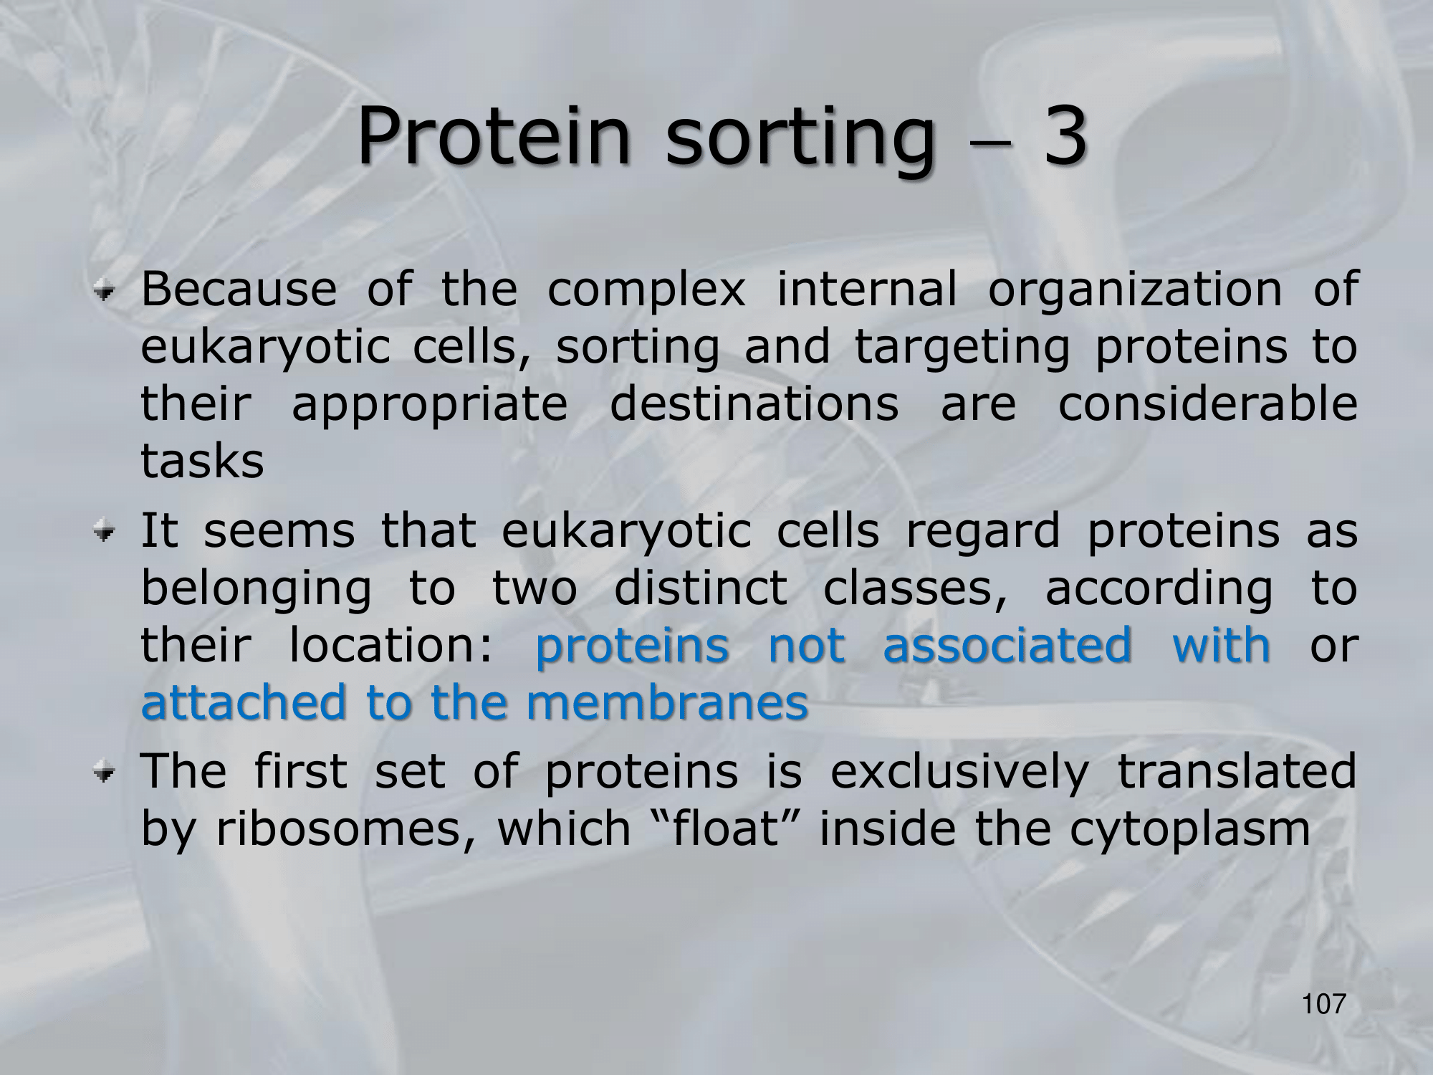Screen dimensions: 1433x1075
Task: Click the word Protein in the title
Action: click(494, 135)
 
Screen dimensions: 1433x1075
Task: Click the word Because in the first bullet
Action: click(239, 289)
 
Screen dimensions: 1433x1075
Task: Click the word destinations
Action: click(754, 403)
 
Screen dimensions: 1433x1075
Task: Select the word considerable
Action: click(1207, 403)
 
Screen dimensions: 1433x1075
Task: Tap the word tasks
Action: click(202, 462)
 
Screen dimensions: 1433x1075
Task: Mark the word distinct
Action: click(700, 589)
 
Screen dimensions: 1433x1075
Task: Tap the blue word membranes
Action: click(667, 703)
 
